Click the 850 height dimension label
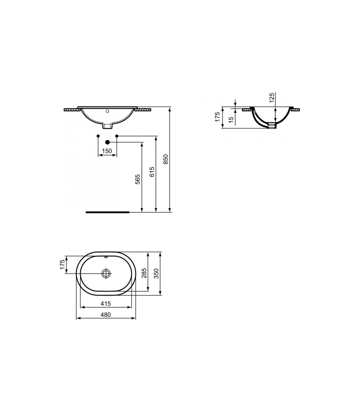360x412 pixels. click(x=166, y=159)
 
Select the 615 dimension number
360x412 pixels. click(x=152, y=172)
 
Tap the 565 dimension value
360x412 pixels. click(x=138, y=179)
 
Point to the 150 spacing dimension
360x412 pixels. click(x=107, y=151)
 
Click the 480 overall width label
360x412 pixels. click(x=106, y=314)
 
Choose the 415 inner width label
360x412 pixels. click(x=106, y=304)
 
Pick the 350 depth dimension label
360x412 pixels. click(x=156, y=274)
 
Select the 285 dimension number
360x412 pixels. click(x=144, y=273)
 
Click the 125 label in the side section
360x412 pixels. click(x=271, y=98)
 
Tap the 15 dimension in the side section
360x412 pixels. click(x=231, y=118)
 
